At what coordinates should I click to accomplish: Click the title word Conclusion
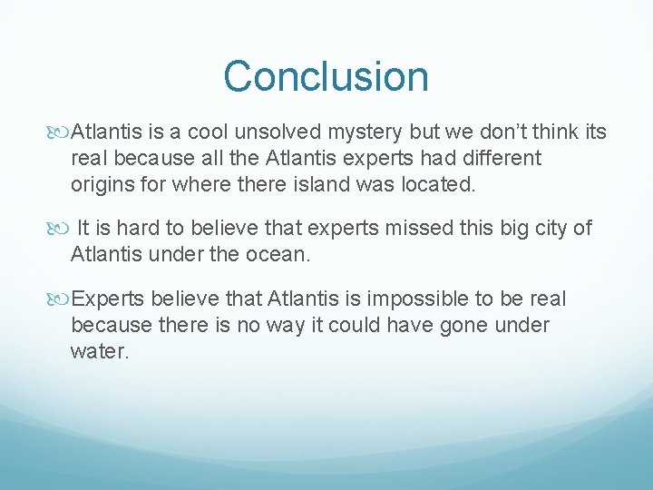click(x=326, y=76)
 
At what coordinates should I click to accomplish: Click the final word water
click(x=100, y=350)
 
